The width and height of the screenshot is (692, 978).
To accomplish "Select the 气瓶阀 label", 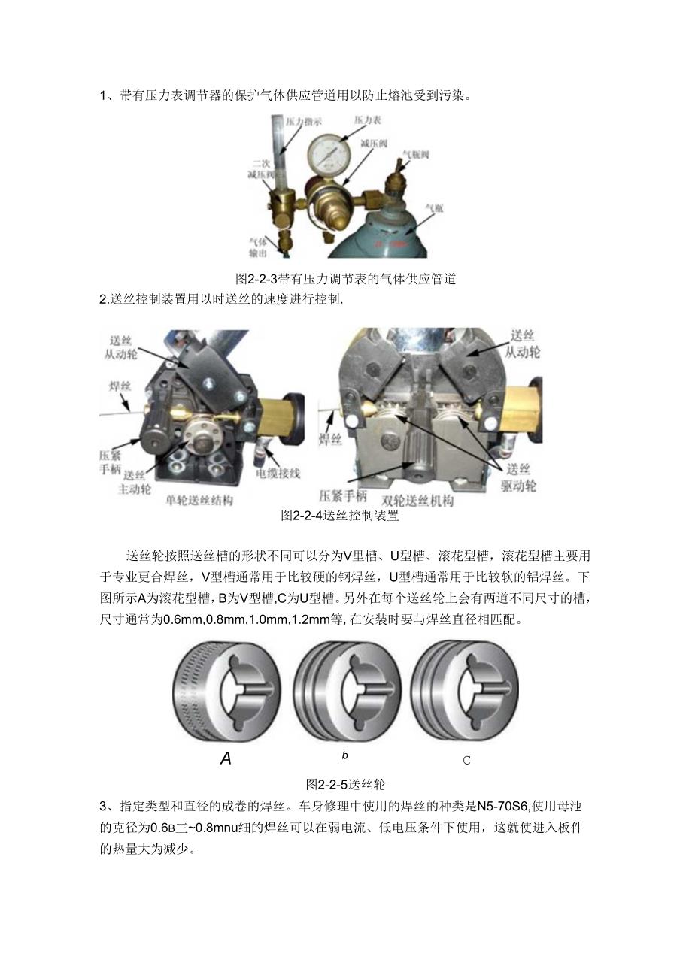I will pyautogui.click(x=415, y=153).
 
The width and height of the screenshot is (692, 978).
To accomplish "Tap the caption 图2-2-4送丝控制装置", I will pyautogui.click(x=339, y=516).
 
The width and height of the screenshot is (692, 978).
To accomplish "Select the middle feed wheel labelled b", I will pyautogui.click(x=345, y=692).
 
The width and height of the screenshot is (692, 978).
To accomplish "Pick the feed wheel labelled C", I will pyautogui.click(x=465, y=692).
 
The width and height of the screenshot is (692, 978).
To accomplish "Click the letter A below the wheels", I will pyautogui.click(x=226, y=758).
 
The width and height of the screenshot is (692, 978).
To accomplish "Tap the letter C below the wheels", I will pyautogui.click(x=466, y=760).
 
